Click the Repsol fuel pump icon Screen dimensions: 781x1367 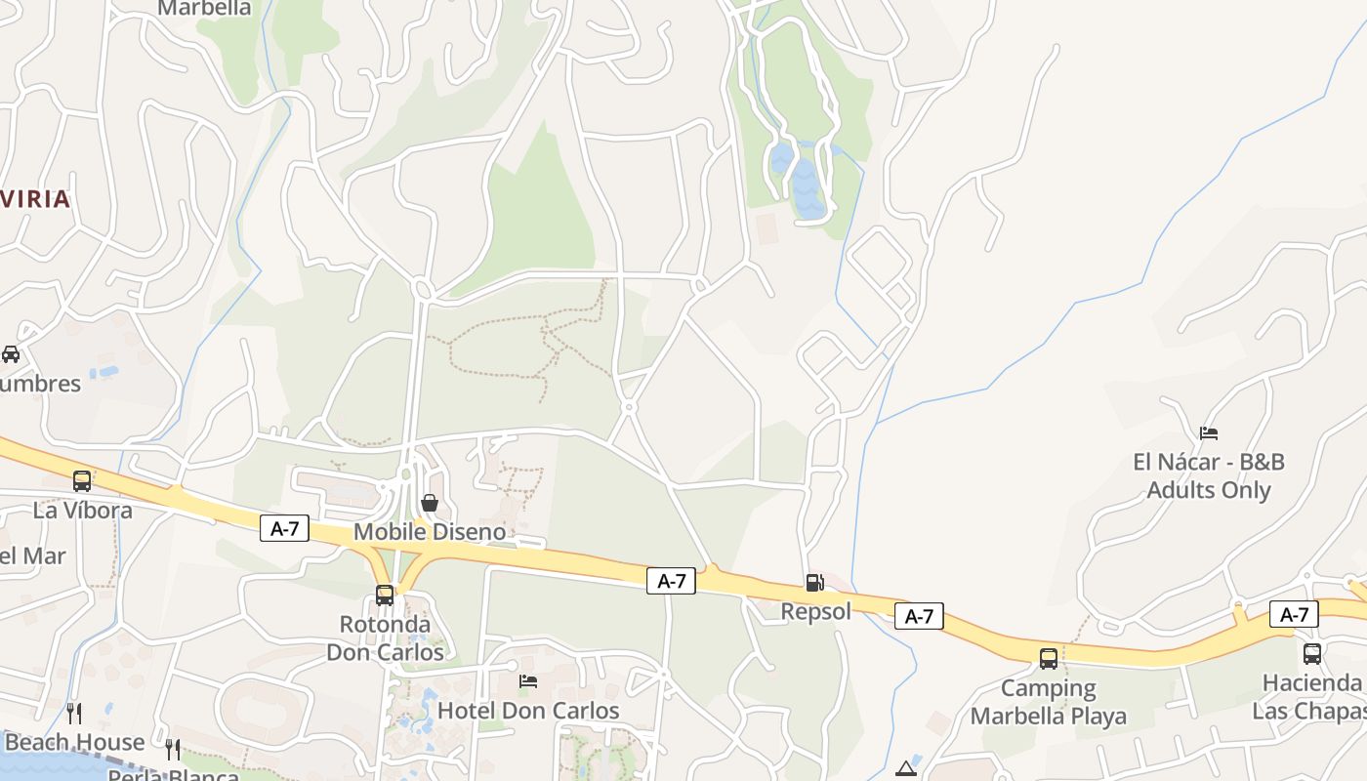[814, 583]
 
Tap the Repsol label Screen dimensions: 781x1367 [816, 611]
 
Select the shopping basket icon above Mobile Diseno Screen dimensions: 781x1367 [429, 503]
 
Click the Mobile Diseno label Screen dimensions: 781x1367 [430, 532]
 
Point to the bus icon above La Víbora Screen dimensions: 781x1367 [82, 481]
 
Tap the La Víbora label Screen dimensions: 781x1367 [82, 510]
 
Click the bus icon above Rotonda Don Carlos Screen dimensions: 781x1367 [385, 595]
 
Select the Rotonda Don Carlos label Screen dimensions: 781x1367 [385, 637]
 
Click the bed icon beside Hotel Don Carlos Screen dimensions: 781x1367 [528, 681]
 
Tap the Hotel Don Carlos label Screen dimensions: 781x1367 [528, 710]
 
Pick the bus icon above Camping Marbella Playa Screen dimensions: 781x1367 [1049, 658]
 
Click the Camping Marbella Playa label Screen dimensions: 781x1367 [1049, 702]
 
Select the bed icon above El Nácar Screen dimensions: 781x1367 [1209, 432]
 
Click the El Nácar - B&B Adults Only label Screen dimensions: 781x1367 [1209, 475]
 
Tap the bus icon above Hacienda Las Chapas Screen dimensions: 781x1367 [1312, 653]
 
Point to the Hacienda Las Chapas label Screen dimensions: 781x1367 [1311, 695]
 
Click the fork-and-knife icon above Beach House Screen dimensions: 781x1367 [74, 713]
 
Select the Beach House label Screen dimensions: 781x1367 [74, 742]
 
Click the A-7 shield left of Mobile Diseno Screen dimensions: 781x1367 [285, 529]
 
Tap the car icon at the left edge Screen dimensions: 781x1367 [11, 353]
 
